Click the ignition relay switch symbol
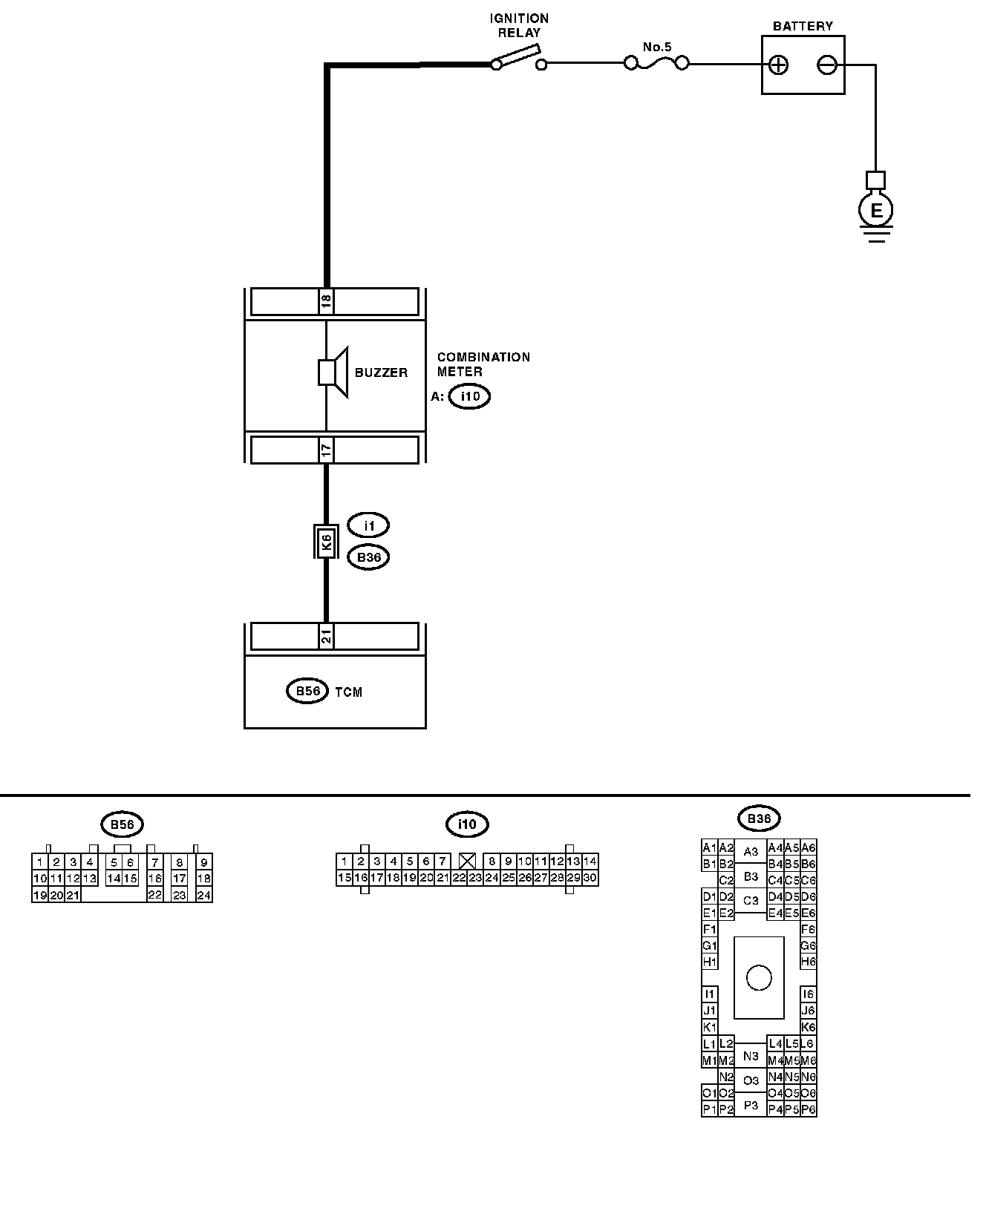518,59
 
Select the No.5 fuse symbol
656,65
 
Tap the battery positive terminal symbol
777,65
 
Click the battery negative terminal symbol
826,65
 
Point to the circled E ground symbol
876,211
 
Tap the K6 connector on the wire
326,542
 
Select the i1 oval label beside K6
368,525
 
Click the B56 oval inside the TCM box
307,692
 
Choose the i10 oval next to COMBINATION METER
470,396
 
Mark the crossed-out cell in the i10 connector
467,862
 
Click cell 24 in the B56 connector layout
204,895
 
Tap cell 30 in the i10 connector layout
590,878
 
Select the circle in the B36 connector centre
759,977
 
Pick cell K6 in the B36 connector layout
809,1028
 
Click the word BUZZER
381,373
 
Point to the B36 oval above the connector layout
759,819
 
